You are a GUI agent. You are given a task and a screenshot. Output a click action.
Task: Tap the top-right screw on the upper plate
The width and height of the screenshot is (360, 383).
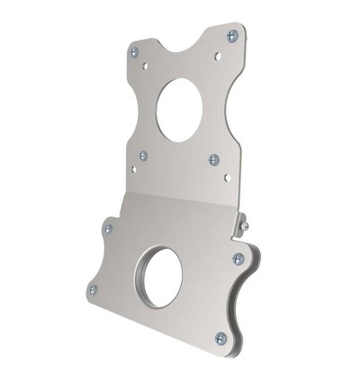[232, 36]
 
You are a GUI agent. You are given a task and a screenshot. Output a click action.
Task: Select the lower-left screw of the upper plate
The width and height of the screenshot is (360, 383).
[143, 156]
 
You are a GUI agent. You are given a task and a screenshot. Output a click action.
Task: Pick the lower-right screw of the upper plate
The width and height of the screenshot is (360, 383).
[214, 160]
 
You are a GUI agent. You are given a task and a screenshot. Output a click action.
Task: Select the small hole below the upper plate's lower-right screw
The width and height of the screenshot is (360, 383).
[227, 177]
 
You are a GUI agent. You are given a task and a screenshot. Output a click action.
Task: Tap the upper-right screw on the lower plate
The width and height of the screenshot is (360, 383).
[238, 259]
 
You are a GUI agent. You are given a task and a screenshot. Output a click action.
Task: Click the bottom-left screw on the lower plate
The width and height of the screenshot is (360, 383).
[93, 289]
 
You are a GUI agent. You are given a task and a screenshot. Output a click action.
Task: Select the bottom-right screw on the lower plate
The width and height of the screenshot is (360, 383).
[220, 337]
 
